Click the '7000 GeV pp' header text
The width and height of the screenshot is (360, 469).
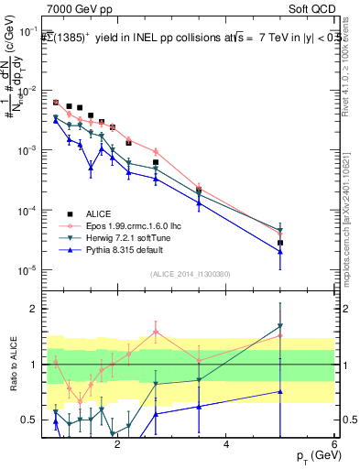pos(79,8)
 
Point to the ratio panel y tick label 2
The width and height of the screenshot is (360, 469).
pos(32,309)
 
